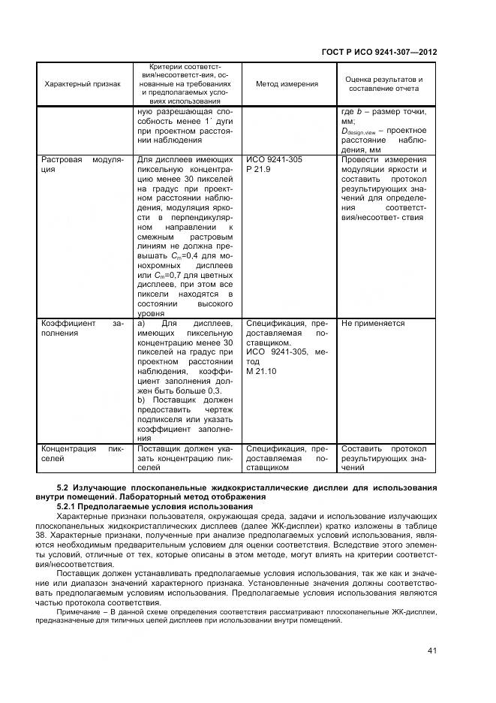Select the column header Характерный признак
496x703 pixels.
[83, 83]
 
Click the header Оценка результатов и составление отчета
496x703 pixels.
[383, 83]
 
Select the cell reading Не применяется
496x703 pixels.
[373, 324]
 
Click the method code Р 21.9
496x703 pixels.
[258, 170]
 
